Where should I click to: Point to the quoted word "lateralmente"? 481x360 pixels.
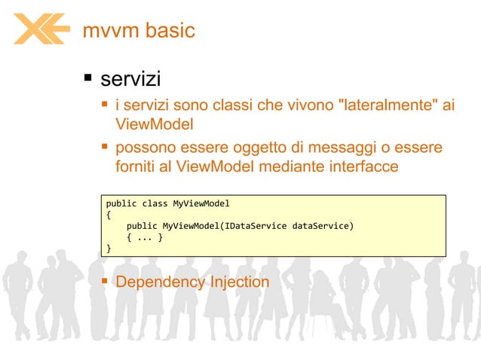(384, 105)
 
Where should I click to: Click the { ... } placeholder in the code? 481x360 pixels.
(145, 236)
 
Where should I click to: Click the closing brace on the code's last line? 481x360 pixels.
(109, 247)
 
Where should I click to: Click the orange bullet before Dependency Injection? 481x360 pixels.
(105, 281)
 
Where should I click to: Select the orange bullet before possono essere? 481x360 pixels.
(105, 146)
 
